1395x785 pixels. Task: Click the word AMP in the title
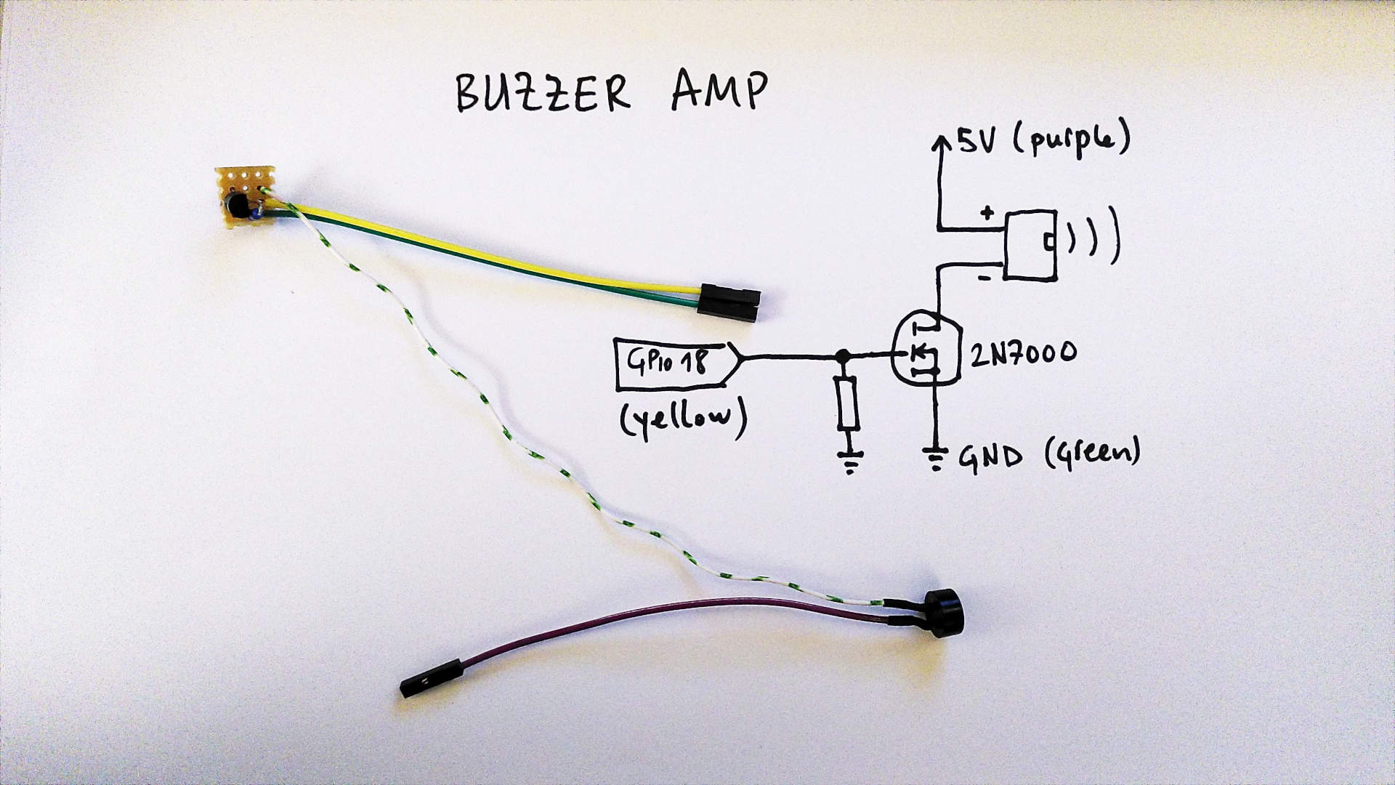(x=719, y=92)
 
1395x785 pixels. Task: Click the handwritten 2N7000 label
(x=1023, y=353)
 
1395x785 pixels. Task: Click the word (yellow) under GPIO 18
(x=682, y=421)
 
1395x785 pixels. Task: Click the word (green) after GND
(x=1092, y=454)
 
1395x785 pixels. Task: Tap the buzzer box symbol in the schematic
(x=1030, y=244)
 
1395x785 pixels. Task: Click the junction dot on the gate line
(x=843, y=356)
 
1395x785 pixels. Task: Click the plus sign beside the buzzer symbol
(x=986, y=213)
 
